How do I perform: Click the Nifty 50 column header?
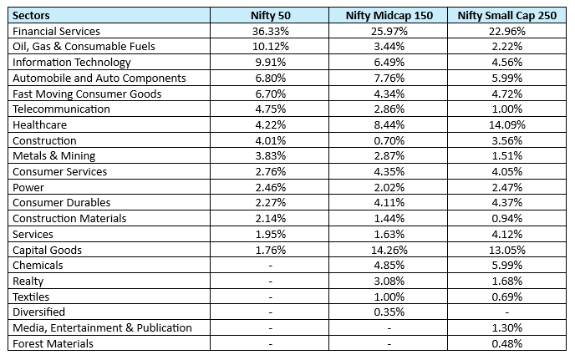pos(269,15)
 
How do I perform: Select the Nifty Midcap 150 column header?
pos(389,15)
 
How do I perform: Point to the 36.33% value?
pos(269,31)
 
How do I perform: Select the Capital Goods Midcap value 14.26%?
pos(389,250)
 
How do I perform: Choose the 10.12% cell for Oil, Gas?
pos(269,46)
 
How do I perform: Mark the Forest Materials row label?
pos(52,343)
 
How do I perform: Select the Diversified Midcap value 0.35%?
pos(389,312)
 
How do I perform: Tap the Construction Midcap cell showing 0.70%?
pos(389,140)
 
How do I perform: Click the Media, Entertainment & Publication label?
pos(102,327)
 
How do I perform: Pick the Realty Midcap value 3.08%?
pos(389,281)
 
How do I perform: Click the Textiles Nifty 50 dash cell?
pos(269,297)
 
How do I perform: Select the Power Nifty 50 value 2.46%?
pos(269,187)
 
